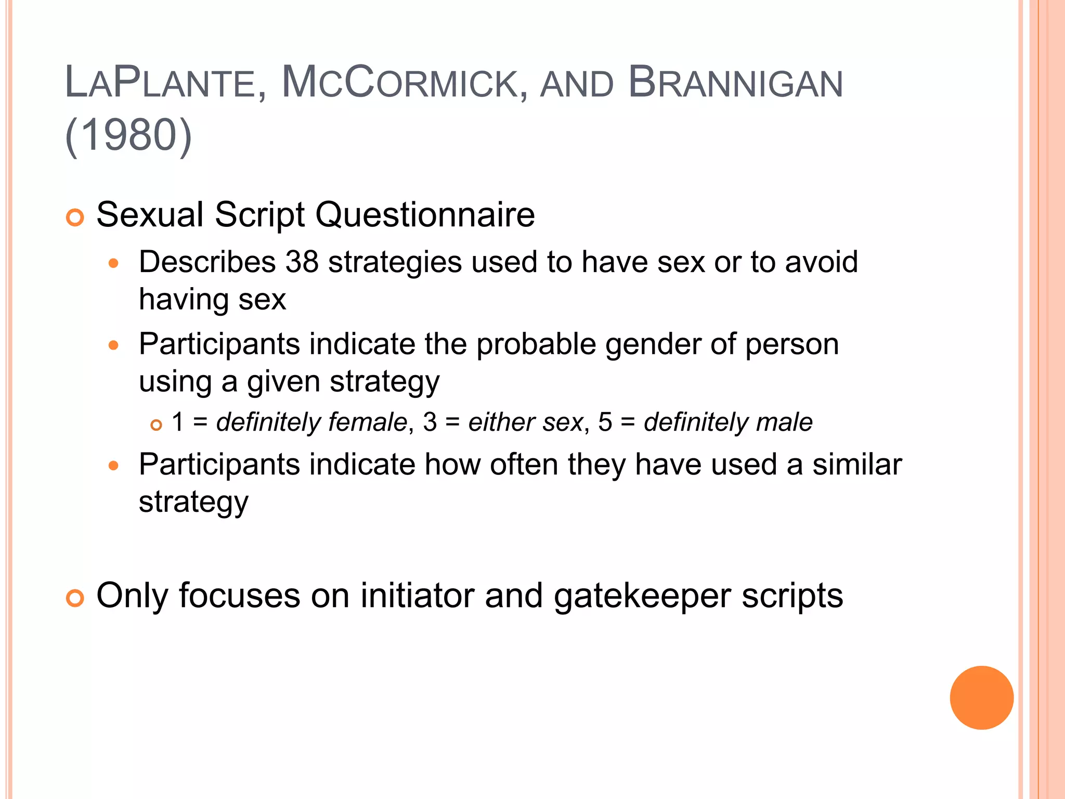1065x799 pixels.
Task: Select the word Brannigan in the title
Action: point(735,83)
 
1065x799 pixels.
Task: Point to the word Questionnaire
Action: point(425,215)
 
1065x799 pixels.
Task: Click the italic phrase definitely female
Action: point(311,422)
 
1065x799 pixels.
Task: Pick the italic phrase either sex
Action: point(525,422)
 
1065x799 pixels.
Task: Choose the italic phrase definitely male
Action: point(728,422)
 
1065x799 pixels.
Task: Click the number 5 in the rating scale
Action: point(605,422)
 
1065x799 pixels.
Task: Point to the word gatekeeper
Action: point(642,596)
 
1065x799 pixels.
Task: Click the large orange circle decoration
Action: point(981,698)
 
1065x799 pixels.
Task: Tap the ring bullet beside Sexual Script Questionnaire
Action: point(75,217)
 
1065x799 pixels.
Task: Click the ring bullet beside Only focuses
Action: point(75,598)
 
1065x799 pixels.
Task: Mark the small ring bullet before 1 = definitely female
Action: point(156,425)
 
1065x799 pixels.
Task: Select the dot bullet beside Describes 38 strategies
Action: point(114,263)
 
